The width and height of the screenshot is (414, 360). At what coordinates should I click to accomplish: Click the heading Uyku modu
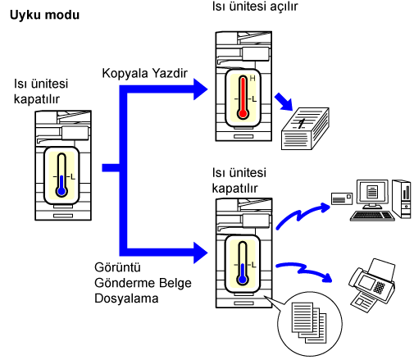[x=44, y=16]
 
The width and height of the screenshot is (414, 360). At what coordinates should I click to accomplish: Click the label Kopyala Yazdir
[x=144, y=73]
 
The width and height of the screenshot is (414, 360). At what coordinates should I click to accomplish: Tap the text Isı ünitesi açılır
[x=255, y=6]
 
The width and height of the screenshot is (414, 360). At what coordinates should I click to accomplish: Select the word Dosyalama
[x=126, y=298]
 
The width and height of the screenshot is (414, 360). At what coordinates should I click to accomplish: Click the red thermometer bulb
[x=243, y=113]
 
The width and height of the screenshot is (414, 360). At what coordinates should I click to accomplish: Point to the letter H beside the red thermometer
[x=252, y=79]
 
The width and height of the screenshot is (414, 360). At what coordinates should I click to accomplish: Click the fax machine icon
[x=372, y=285]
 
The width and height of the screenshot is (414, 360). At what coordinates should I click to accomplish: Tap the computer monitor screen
[x=372, y=191]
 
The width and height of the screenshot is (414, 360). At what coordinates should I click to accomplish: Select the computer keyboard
[x=372, y=216]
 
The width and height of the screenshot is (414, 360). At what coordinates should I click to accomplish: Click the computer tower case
[x=401, y=199]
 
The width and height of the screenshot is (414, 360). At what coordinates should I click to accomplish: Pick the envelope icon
[x=342, y=198]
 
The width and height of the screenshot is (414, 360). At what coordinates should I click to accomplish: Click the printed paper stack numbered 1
[x=305, y=129]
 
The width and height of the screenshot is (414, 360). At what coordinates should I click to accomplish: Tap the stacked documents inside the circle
[x=309, y=322]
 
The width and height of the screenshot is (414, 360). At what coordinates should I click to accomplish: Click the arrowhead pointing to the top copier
[x=200, y=89]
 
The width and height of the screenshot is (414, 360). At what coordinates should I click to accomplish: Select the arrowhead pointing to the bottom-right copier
[x=200, y=253]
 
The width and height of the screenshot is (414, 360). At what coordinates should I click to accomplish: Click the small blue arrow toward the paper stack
[x=284, y=102]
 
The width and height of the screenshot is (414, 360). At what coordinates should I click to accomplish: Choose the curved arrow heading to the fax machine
[x=303, y=271]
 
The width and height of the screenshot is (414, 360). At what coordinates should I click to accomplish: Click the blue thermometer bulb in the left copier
[x=61, y=191]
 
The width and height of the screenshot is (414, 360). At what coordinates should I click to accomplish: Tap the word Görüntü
[x=117, y=267]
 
